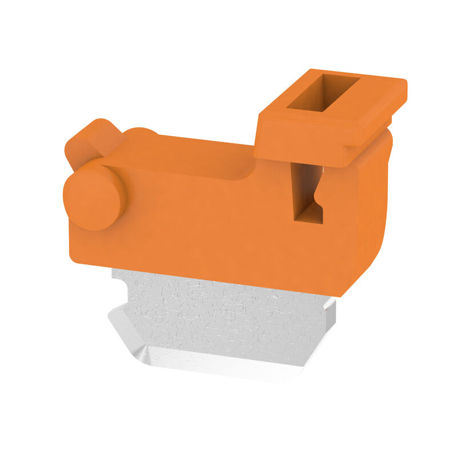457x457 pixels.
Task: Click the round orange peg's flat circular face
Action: (x=93, y=198)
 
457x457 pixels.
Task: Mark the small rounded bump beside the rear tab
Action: (x=140, y=133)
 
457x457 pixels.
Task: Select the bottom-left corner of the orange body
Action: (x=73, y=260)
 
